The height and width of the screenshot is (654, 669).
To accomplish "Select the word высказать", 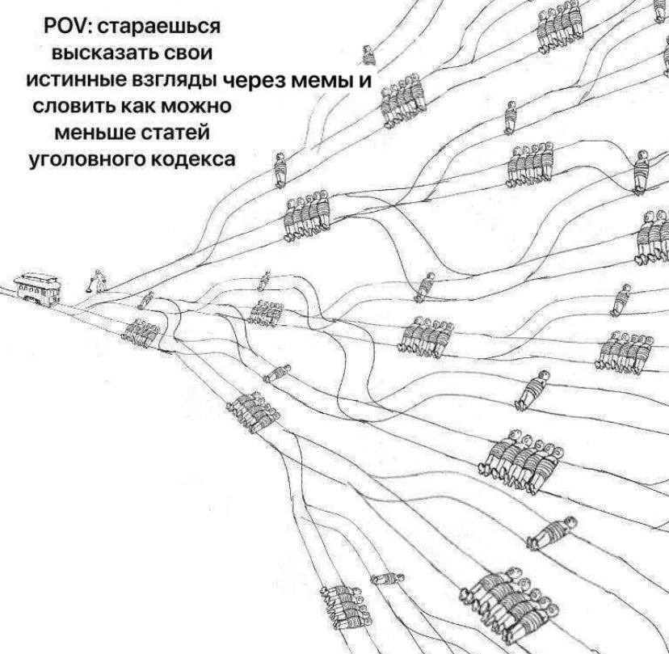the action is [102, 53].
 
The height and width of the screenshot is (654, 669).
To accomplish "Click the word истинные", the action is [77, 80].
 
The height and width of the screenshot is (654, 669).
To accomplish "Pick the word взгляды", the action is [177, 81].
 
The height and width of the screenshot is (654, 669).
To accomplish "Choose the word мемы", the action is [322, 81].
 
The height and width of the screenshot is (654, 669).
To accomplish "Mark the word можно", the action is [196, 106].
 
